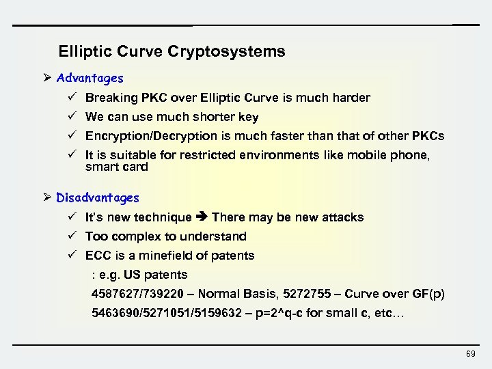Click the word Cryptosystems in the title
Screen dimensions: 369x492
coord(232,51)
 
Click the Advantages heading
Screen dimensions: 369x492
coord(90,79)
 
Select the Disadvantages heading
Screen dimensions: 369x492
coord(98,197)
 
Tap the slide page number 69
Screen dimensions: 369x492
coord(470,353)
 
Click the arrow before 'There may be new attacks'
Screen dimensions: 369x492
coord(202,217)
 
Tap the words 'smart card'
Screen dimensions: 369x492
coord(116,167)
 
